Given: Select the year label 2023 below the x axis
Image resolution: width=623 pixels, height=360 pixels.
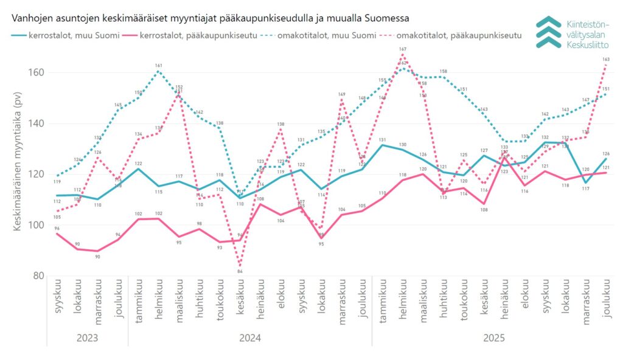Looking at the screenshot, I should (88, 336).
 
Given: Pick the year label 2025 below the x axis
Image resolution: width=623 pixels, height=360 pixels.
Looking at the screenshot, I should (493, 336).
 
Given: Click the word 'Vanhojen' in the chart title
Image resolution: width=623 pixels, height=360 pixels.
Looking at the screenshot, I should (31, 17).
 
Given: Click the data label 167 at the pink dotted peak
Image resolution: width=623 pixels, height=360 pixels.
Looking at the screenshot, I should (403, 49).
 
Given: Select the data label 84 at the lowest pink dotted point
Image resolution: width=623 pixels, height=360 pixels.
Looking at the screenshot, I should (240, 271).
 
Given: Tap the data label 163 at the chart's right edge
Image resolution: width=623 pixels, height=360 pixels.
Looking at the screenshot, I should (606, 60).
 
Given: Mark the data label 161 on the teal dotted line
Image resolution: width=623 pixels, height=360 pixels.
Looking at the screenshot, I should (159, 66).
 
